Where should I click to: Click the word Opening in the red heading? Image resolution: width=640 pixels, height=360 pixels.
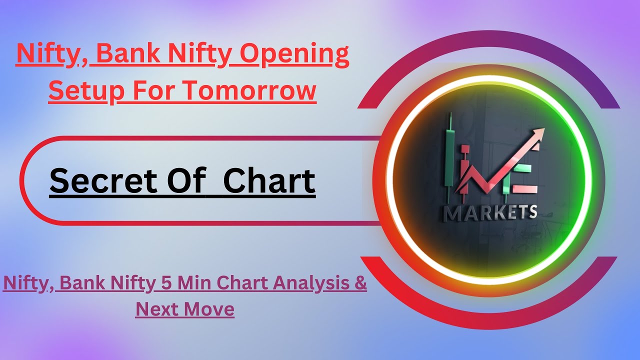coord(294,55)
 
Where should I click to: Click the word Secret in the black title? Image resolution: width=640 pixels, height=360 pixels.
coord(103,181)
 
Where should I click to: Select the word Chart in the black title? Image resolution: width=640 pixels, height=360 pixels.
coord(269,180)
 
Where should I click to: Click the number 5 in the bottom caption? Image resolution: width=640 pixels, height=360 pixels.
coord(167,283)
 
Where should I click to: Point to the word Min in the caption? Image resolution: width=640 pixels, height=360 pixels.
coord(194,282)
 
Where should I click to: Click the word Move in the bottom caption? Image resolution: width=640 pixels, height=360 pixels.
coord(209,309)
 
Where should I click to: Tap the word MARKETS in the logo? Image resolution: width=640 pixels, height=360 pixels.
coord(491,212)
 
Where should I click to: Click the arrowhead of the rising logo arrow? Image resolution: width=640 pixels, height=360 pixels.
coord(537,135)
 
